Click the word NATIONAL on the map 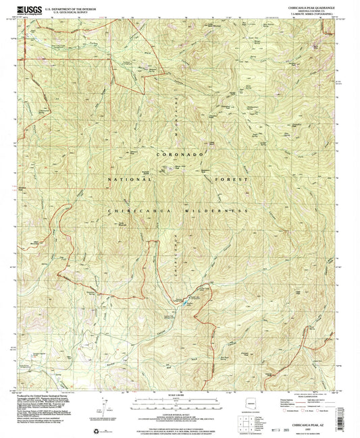[132, 181]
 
